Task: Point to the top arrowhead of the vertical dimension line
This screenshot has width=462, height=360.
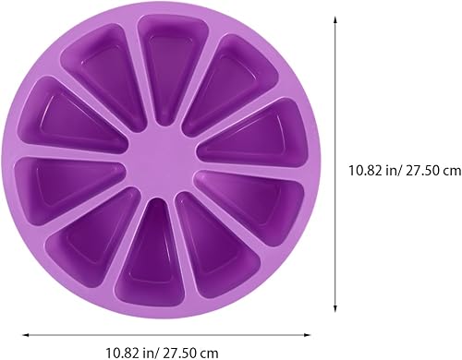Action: (x=333, y=19)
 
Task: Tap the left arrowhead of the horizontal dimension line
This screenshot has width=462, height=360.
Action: (x=25, y=335)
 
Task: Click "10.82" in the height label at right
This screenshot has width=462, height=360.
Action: (x=363, y=170)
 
